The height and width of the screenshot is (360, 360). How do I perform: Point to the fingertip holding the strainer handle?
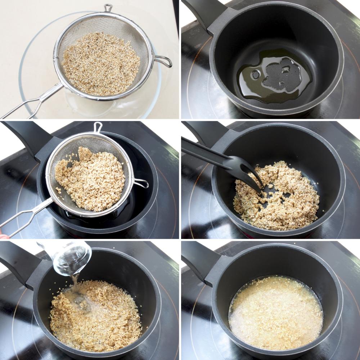click(3, 237)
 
